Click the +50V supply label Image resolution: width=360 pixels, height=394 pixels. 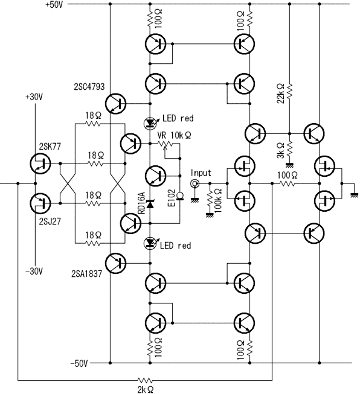coord(54,5)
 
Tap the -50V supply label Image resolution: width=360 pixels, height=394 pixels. coord(79,363)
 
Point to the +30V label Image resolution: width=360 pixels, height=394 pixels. coord(34,97)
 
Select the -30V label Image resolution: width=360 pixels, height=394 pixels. coord(34,272)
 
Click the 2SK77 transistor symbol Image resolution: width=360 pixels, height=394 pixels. coord(40,164)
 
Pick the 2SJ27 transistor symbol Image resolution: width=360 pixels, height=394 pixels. coord(40,203)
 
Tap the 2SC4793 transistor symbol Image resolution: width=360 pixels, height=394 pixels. coord(115,104)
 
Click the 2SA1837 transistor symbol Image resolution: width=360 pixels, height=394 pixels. coord(115,263)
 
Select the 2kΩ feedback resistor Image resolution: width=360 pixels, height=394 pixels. coord(145,380)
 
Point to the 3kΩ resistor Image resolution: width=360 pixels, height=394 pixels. coord(289,148)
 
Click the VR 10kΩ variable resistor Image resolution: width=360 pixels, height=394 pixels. coord(166,144)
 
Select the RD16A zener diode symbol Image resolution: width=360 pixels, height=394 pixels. coord(150,204)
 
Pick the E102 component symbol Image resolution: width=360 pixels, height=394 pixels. coord(180,195)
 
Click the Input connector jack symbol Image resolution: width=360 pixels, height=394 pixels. coord(194,183)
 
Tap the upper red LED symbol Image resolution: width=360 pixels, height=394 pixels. coord(150,123)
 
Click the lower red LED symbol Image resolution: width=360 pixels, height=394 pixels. coord(150,243)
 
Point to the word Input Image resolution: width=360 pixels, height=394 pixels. coord(201,173)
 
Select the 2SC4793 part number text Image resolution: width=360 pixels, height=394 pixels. coord(89,87)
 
